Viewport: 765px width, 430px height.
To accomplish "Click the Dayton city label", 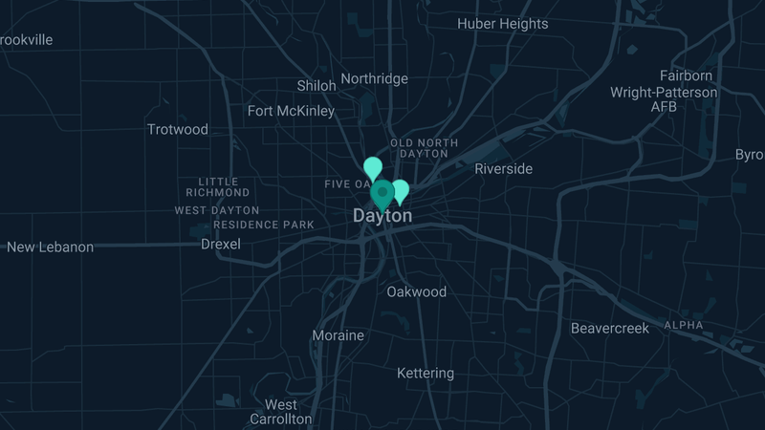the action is click(x=382, y=216).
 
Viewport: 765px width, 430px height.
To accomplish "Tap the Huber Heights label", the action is click(x=502, y=24).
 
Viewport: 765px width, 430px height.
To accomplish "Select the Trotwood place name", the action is click(x=177, y=129).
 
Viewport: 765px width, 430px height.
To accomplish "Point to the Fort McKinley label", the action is click(x=291, y=111).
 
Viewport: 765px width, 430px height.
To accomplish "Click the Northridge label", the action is click(x=374, y=78).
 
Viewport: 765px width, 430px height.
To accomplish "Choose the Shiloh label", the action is click(x=317, y=85).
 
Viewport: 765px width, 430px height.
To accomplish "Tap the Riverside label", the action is click(x=503, y=168).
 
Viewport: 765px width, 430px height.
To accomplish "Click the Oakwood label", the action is click(x=416, y=291).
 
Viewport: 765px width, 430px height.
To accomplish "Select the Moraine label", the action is click(x=338, y=335).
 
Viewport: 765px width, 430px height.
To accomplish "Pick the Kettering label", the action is click(x=425, y=373).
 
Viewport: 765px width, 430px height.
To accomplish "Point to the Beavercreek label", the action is click(x=609, y=328).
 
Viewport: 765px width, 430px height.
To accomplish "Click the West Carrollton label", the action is click(x=280, y=412).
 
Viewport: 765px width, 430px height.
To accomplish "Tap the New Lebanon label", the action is click(x=50, y=247).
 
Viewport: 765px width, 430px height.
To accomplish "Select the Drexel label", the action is click(x=220, y=244).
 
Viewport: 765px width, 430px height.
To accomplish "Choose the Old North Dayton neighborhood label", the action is click(x=424, y=148).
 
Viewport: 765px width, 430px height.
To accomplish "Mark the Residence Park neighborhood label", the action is click(x=263, y=225).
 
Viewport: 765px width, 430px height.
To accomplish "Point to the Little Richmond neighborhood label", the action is click(x=225, y=186).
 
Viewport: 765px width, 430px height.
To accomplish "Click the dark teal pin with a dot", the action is click(x=382, y=193).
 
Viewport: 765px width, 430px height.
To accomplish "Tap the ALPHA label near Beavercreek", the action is click(x=683, y=325).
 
